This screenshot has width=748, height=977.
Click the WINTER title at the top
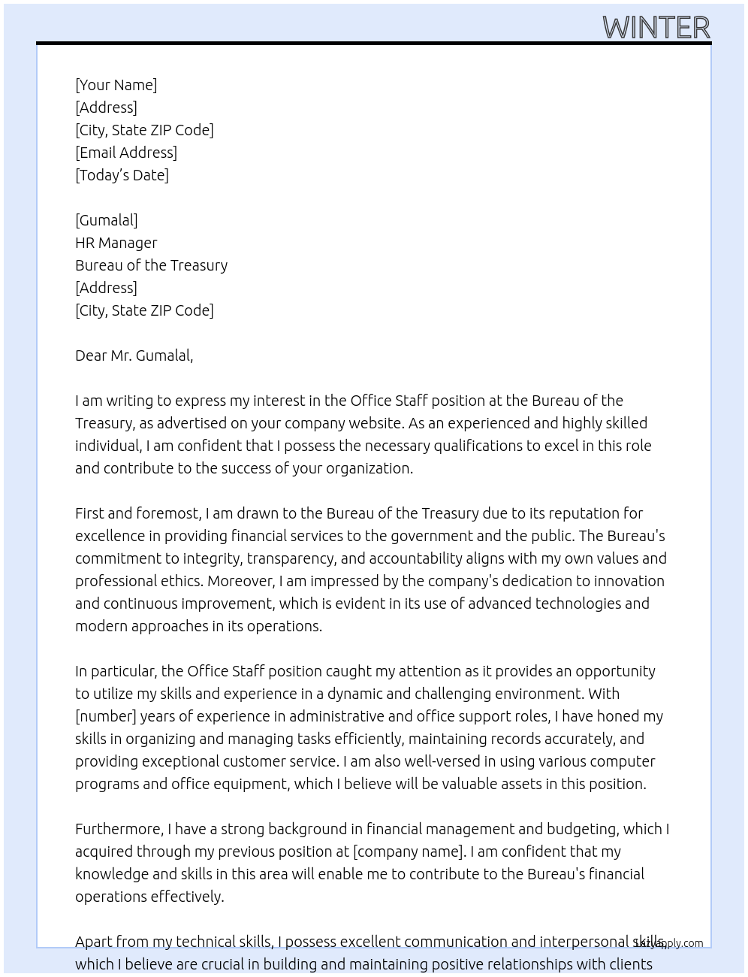click(656, 28)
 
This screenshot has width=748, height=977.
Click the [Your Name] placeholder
click(116, 85)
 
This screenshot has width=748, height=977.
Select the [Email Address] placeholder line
click(126, 153)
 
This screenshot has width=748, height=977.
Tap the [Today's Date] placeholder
click(122, 175)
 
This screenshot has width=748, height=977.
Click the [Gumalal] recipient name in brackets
click(107, 220)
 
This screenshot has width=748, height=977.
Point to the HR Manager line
click(116, 243)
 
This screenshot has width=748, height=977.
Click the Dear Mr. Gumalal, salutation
click(134, 355)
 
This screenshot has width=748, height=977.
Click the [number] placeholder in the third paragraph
click(106, 716)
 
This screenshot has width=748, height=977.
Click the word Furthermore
click(119, 829)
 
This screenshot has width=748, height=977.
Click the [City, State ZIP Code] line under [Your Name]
click(144, 130)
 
